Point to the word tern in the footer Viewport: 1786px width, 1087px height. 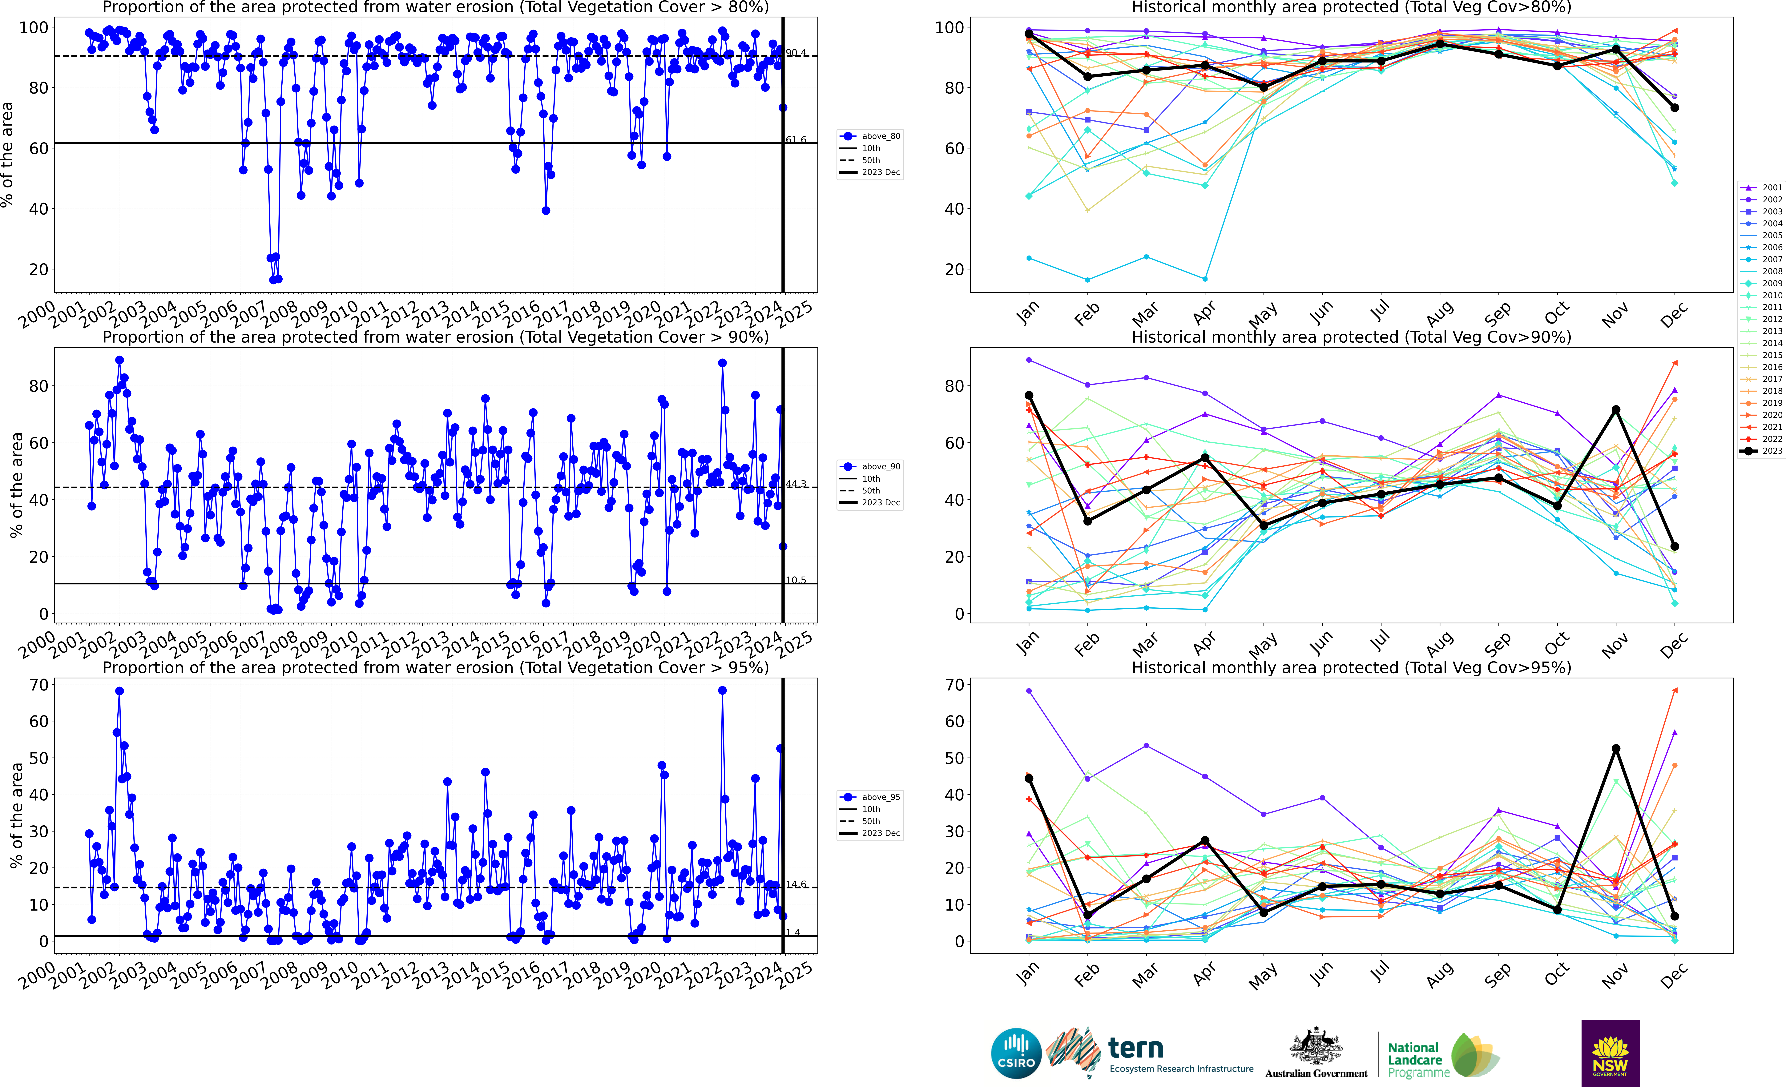(1136, 1048)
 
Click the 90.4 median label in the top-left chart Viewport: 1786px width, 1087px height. (796, 53)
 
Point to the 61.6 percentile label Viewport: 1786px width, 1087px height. (796, 140)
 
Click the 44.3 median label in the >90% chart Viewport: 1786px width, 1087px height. (796, 484)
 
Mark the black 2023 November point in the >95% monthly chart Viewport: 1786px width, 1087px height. (1616, 749)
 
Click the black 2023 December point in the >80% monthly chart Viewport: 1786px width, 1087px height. (1674, 108)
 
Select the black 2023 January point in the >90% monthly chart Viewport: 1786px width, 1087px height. (1029, 396)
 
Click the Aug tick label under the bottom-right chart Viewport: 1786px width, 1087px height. (1440, 975)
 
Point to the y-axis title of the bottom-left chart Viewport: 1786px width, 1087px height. (16, 815)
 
